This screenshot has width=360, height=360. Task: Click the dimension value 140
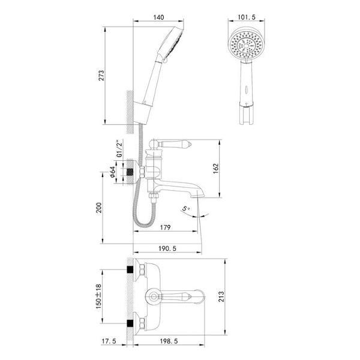[158, 17]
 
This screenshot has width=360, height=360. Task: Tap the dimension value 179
[166, 227]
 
